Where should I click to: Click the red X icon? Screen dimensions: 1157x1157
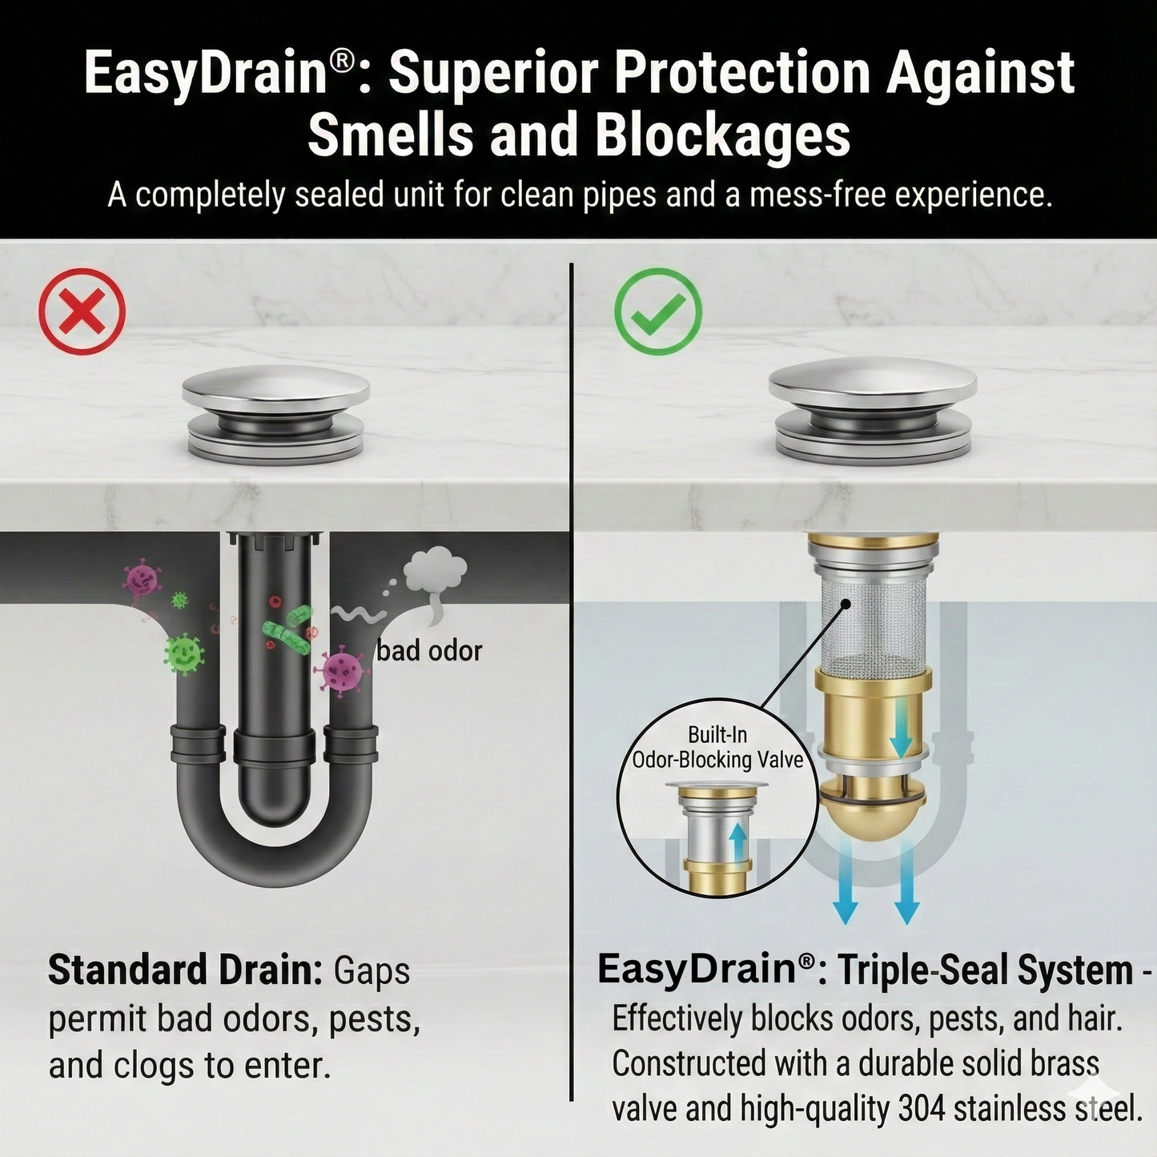82,311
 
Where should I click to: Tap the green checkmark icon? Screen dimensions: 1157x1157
657,311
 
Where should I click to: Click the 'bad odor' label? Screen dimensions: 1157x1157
429,651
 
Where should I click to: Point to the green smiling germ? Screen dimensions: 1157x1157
184,653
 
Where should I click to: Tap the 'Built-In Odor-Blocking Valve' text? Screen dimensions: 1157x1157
717,747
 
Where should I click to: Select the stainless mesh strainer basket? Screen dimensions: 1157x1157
872,624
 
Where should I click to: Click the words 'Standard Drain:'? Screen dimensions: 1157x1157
185,970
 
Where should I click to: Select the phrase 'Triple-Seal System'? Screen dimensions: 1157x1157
986,970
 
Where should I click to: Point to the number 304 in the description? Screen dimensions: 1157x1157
922,1109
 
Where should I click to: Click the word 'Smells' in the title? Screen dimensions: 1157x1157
391,135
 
